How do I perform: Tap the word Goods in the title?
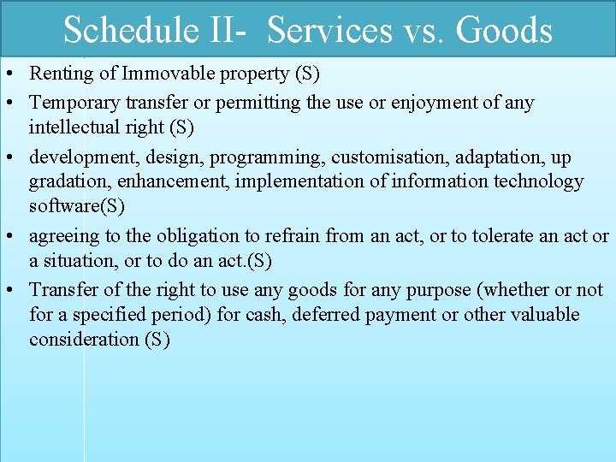(x=504, y=30)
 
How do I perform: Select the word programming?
(x=275, y=157)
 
